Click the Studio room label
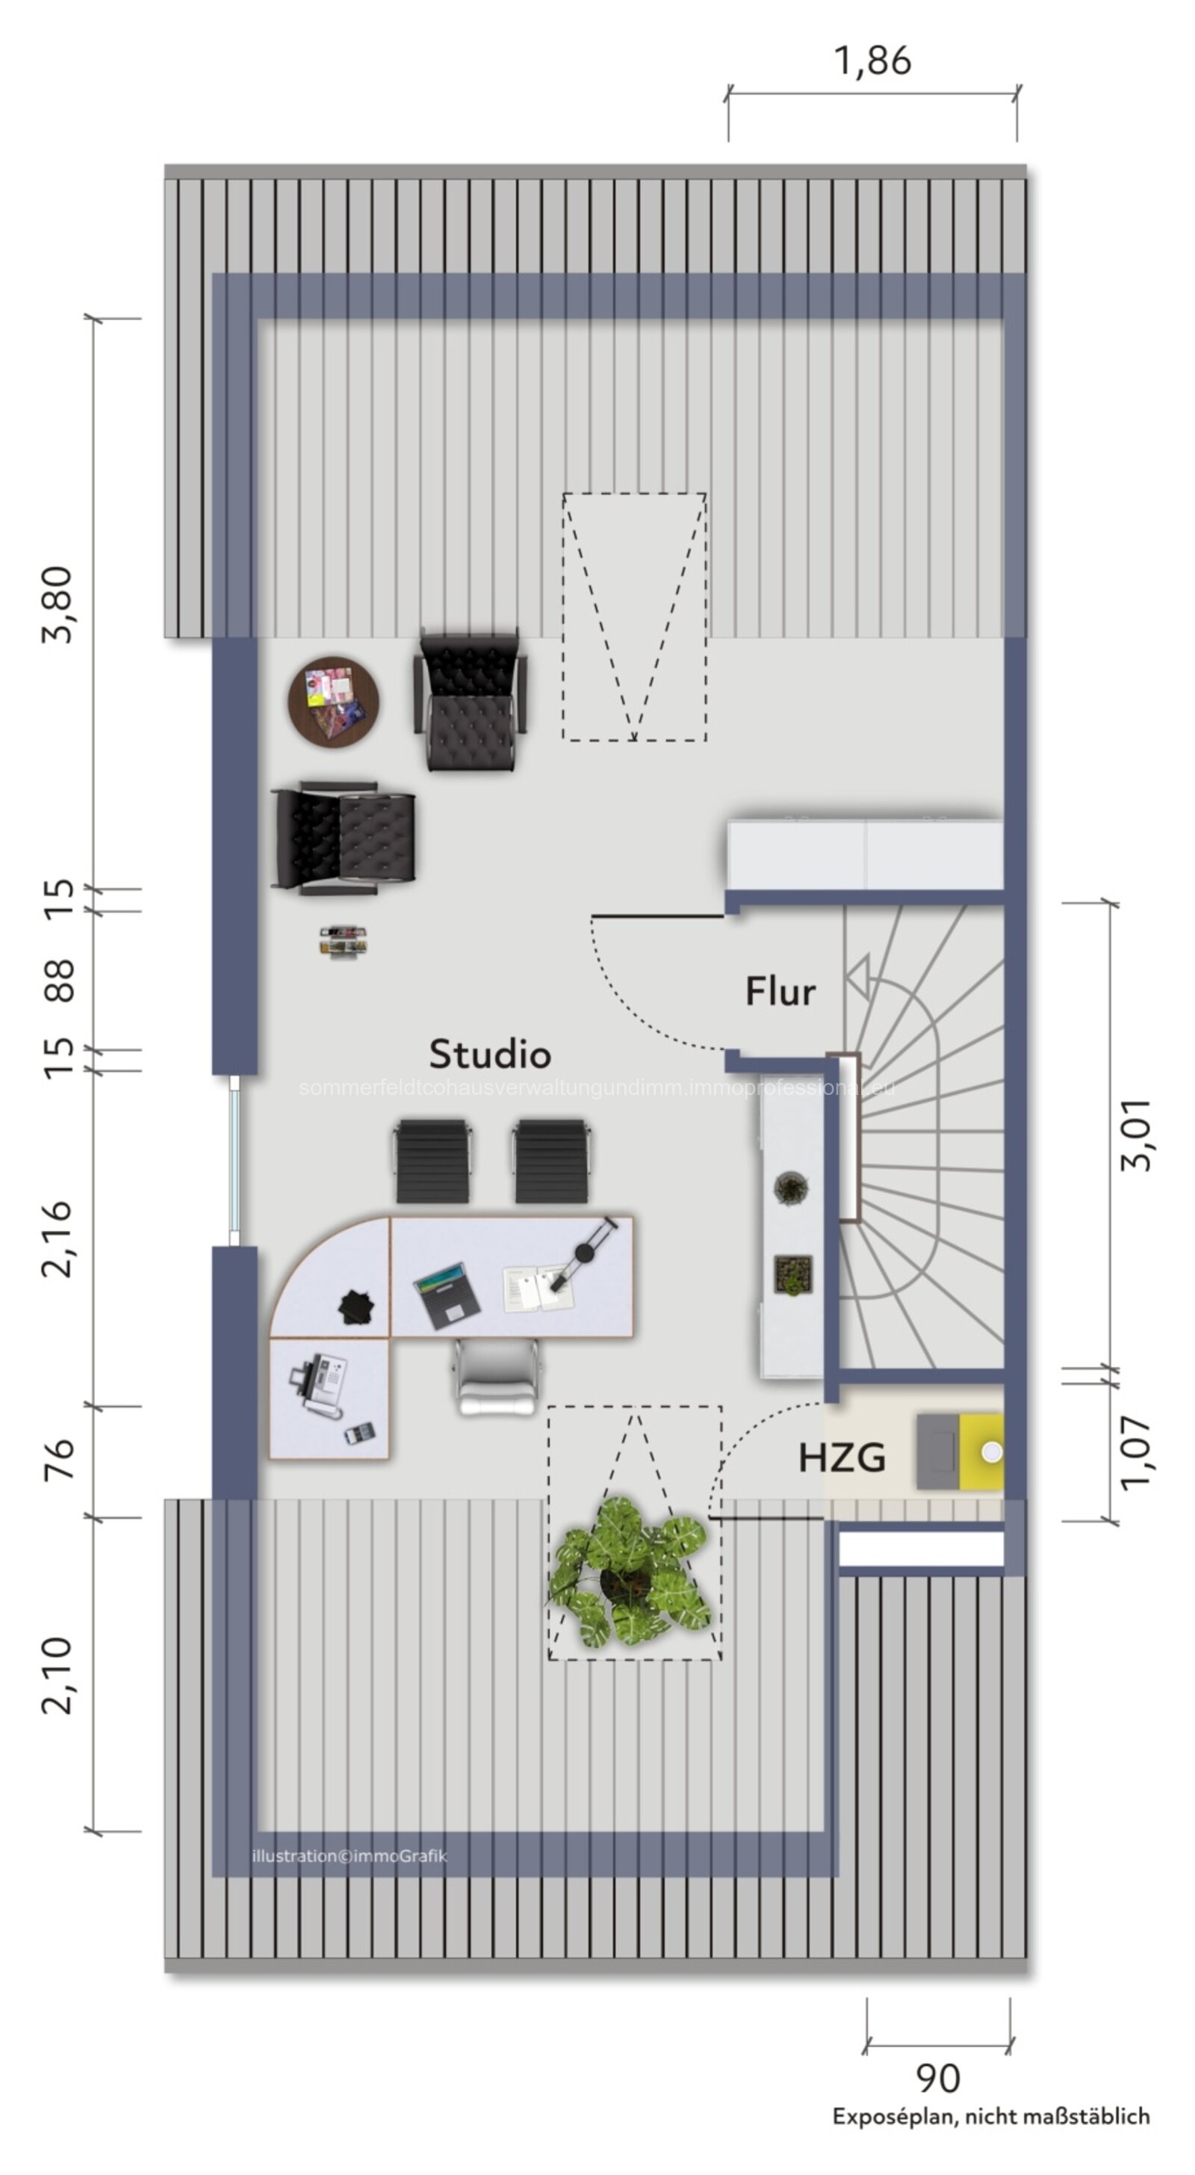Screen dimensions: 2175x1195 [x=489, y=1054]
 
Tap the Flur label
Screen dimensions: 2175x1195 [x=780, y=991]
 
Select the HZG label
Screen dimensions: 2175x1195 [x=842, y=1458]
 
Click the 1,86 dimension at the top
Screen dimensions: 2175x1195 [x=872, y=61]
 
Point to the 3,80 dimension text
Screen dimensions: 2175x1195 [x=58, y=605]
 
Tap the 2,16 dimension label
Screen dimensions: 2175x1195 [x=58, y=1238]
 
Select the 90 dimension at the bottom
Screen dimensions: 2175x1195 [x=937, y=2078]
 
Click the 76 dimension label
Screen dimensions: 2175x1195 [x=58, y=1460]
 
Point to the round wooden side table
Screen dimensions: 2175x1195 [x=333, y=702]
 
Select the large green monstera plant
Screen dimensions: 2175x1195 [x=629, y=1572]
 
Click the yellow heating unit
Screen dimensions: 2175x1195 [x=981, y=1451]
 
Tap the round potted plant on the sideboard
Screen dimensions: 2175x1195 [x=791, y=1188]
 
